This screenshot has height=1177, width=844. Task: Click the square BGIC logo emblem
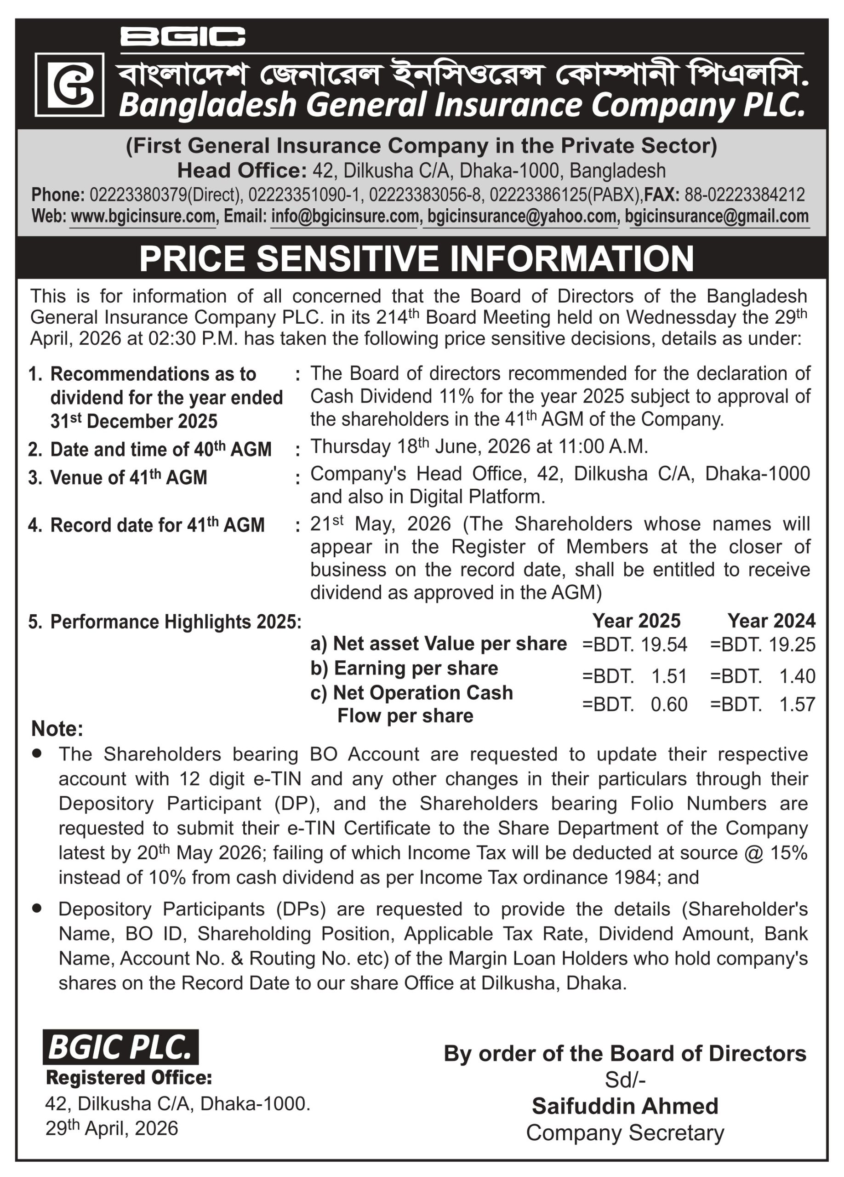pyautogui.click(x=69, y=85)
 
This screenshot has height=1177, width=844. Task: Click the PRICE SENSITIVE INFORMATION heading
pyautogui.click(x=416, y=258)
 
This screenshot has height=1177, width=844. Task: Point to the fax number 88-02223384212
pyautogui.click(x=744, y=194)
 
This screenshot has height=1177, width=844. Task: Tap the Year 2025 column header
pyautogui.click(x=636, y=621)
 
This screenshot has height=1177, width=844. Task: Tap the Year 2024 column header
pyautogui.click(x=771, y=621)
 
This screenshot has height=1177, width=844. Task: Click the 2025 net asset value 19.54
pyautogui.click(x=663, y=645)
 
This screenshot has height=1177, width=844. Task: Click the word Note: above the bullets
pyautogui.click(x=57, y=729)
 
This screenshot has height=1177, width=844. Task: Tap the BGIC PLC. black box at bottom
pyautogui.click(x=120, y=1047)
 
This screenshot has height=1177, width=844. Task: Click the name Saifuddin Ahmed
pyautogui.click(x=625, y=1106)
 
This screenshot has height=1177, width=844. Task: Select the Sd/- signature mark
pyautogui.click(x=625, y=1080)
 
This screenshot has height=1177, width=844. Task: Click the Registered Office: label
pyautogui.click(x=129, y=1078)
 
